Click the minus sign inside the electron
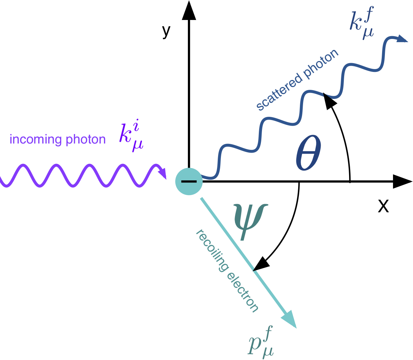click(x=189, y=181)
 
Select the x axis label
click(x=383, y=206)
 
